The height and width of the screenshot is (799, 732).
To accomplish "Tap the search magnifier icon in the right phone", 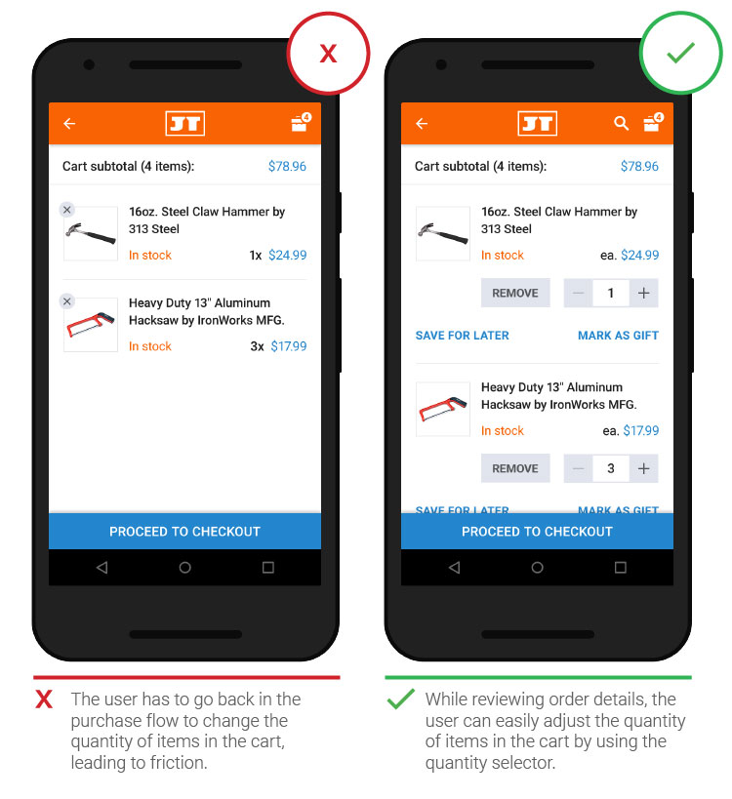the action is [x=621, y=123].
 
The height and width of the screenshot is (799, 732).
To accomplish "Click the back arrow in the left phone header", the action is [x=69, y=123].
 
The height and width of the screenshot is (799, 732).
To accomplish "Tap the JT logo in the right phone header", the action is [x=537, y=123].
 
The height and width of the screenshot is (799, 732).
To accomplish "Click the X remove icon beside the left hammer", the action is [x=66, y=210].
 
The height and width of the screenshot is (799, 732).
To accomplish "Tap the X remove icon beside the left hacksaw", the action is [x=66, y=301].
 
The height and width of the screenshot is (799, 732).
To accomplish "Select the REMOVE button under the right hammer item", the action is [x=515, y=293].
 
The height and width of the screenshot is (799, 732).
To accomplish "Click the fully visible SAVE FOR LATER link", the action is [x=463, y=336].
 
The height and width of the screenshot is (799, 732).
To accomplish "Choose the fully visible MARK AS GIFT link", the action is [x=619, y=336].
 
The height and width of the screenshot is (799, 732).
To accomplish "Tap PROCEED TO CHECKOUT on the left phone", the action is [x=184, y=532].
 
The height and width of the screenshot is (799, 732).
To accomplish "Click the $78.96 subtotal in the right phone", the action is [x=639, y=166].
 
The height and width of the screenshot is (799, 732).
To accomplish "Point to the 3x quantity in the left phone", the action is [x=257, y=346].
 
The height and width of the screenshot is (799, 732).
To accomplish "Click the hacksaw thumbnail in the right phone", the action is [x=443, y=409].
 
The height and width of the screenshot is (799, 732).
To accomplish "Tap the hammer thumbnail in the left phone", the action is [x=91, y=233].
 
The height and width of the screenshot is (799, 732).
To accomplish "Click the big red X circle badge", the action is [x=328, y=53].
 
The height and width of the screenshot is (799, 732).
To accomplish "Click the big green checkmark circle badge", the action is [x=681, y=53].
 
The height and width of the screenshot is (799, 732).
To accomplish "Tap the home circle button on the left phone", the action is [x=185, y=567].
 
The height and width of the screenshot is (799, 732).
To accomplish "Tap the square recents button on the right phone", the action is [x=621, y=567].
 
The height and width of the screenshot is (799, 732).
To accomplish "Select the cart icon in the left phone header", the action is [x=301, y=122].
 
